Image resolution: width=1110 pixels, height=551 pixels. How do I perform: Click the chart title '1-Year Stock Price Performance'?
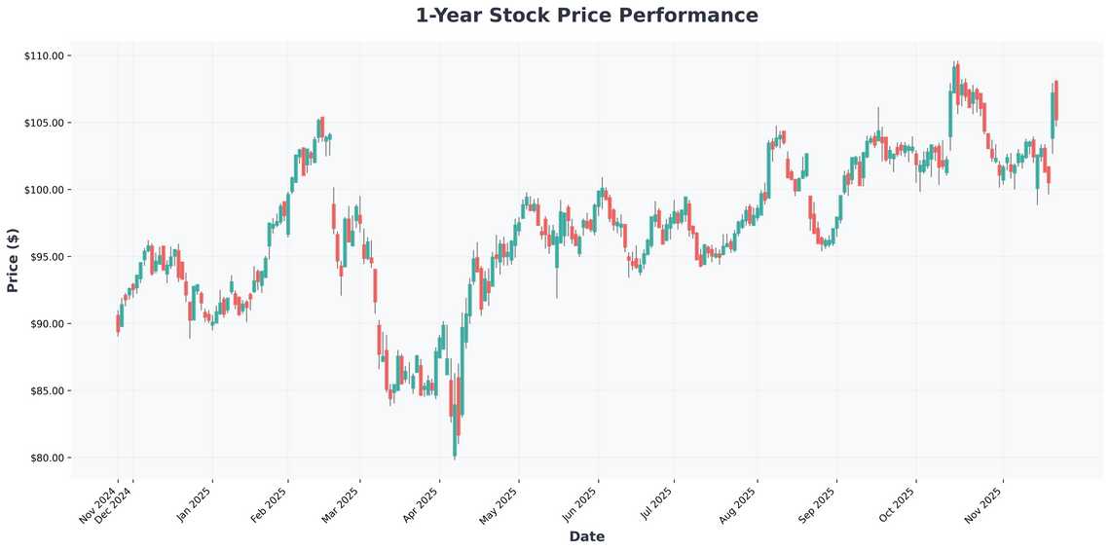tap(586, 16)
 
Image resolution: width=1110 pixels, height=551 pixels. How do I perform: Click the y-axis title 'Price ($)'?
tap(13, 259)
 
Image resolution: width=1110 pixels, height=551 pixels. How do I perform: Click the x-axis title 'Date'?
tap(586, 536)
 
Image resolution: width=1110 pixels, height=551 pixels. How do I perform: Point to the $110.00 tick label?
tap(43, 56)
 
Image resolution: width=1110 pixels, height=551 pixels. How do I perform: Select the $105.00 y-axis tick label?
tap(43, 124)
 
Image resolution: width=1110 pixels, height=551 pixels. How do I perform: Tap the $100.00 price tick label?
tap(43, 190)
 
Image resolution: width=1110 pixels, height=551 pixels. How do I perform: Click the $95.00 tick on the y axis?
tap(45, 257)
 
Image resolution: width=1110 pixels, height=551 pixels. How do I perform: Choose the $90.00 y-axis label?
tap(45, 324)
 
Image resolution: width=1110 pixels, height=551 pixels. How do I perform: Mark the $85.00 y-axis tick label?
tap(45, 391)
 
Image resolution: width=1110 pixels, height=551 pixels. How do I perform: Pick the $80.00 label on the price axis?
tap(45, 459)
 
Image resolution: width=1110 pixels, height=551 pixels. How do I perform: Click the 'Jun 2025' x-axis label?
tap(580, 504)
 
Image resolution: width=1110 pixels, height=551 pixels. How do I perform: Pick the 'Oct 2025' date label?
tap(898, 504)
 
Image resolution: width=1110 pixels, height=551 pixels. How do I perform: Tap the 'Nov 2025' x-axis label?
tap(985, 504)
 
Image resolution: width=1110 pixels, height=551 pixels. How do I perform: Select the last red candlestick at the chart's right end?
tap(1056, 101)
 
